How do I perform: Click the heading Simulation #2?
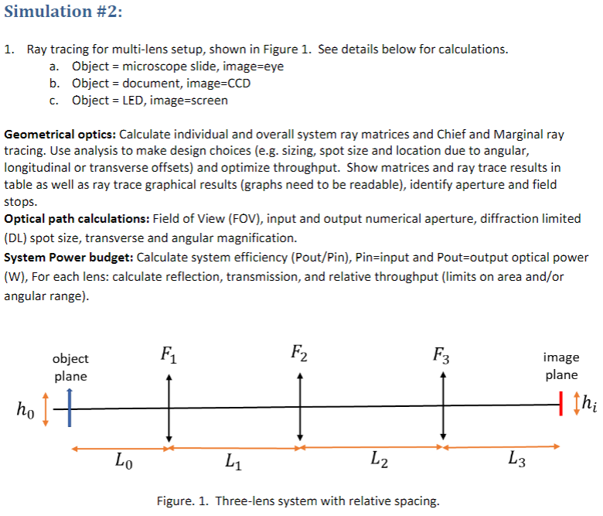pos(63,12)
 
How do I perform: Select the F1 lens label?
pos(168,356)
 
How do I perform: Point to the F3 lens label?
pos(441,356)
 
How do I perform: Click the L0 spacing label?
pos(122,463)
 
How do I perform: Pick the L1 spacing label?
pos(232,463)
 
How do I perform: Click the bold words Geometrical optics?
pos(60,134)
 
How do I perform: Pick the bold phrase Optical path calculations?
pos(77,218)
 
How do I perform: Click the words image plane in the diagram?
pos(561,366)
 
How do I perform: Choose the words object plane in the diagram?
pos(70,367)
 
